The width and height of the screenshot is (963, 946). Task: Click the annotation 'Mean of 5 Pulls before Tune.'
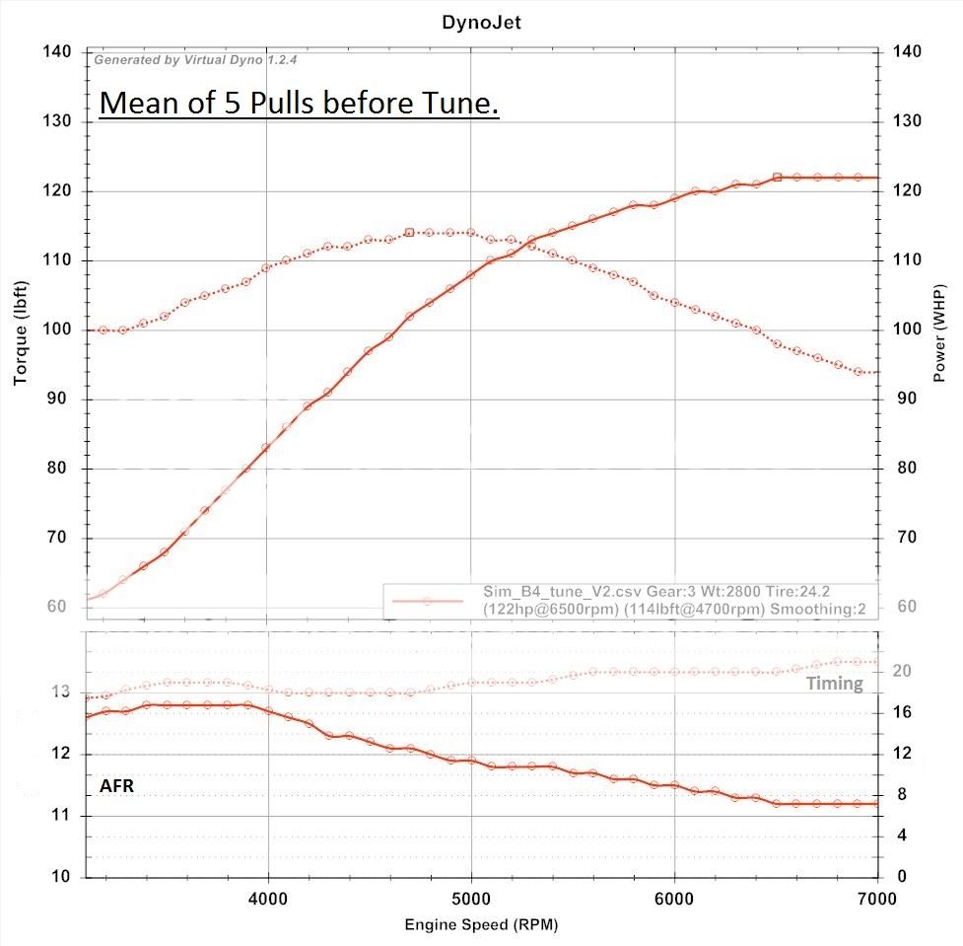pos(299,103)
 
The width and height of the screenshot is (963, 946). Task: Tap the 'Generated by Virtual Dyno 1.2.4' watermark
pos(195,60)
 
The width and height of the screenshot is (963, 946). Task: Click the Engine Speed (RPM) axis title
pos(480,925)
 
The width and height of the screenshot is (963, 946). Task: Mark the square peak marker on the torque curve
pos(409,233)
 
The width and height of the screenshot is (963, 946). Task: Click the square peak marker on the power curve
pos(777,178)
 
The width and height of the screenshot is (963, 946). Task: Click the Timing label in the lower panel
pos(834,684)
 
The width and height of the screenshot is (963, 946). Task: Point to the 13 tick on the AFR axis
pos(64,692)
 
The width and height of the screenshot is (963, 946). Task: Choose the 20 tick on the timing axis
pos(900,671)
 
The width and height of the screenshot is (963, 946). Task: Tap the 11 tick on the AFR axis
pos(64,816)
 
